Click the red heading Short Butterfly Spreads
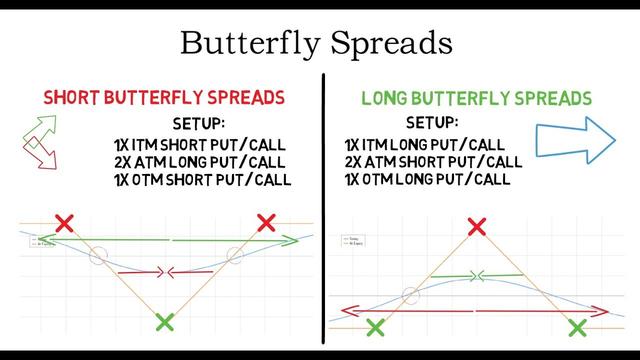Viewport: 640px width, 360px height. pos(164,98)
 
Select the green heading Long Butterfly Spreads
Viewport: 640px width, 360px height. pos(475,98)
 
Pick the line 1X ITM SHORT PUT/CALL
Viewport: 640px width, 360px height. pos(200,144)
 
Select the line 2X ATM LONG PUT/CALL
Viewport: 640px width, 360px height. pos(200,162)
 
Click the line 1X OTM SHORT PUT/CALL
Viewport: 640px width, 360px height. pos(202,180)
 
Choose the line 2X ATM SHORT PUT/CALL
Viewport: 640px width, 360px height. pos(432,162)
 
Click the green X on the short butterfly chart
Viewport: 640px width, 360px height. pos(166,322)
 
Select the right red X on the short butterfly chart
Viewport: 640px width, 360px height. pos(266,222)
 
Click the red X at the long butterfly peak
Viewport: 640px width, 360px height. pos(476,228)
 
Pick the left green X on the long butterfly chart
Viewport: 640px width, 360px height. pos(375,327)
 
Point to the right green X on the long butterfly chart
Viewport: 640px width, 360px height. pos(577,327)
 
